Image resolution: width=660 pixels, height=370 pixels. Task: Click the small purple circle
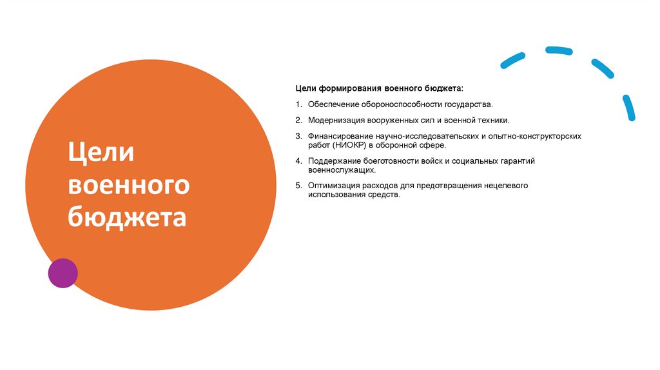coord(63,273)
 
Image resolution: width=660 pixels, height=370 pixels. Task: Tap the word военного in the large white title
coord(129,186)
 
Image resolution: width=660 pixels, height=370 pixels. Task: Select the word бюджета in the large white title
coord(127,217)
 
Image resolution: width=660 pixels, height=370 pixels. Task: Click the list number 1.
coord(298,104)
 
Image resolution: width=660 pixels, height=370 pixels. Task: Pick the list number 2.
coord(298,120)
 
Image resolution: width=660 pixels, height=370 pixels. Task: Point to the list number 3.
coord(298,137)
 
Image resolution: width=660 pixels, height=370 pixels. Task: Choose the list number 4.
coord(298,161)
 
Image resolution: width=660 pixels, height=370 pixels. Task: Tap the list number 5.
coord(298,185)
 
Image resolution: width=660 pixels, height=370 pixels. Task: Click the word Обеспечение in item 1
coord(335,104)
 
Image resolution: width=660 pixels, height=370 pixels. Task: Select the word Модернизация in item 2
coord(337,120)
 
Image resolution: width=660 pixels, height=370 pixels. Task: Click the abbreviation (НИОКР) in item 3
coord(352,146)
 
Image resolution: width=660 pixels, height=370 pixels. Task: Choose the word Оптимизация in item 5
coord(335,185)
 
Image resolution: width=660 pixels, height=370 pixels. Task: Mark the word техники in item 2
coord(493,120)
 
